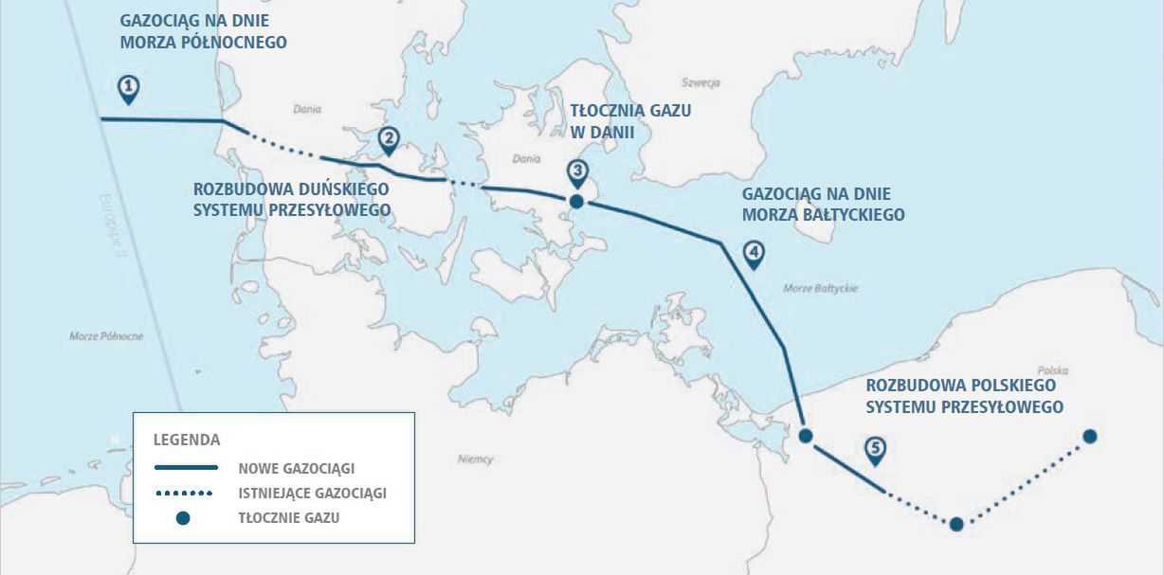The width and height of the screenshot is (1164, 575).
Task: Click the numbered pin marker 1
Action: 129,89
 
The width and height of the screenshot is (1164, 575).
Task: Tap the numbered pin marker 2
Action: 388,140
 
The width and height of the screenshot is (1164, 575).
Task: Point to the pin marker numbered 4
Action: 753,254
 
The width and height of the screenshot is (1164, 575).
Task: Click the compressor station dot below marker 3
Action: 575,201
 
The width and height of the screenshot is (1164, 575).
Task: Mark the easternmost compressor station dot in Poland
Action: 1090,436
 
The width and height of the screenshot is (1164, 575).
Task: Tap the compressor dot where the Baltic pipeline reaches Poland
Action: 806,436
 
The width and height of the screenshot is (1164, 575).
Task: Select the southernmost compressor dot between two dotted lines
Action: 956,524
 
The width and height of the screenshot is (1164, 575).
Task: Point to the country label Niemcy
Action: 474,459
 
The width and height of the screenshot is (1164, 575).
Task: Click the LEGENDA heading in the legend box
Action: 186,440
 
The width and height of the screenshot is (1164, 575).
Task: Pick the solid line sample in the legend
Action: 185,468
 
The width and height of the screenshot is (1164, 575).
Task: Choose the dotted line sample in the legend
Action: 185,494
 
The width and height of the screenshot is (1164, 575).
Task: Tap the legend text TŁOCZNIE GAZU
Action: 288,518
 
